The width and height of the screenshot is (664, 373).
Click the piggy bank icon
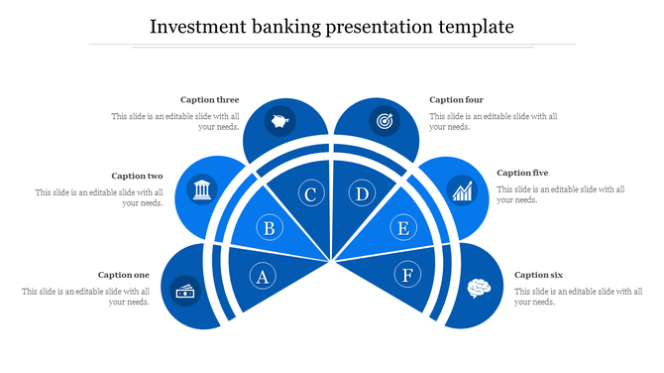[x=279, y=123]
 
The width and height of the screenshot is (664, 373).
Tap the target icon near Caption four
[x=384, y=122]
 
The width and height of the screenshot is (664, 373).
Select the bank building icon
[x=202, y=188]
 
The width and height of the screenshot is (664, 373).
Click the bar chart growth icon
[x=461, y=189]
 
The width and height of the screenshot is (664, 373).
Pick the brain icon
[x=479, y=288]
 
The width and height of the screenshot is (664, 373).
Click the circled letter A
[x=263, y=276]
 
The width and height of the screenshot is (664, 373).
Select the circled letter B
[x=269, y=229]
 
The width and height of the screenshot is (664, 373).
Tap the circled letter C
[x=310, y=194]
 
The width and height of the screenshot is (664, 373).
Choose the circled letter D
[x=363, y=194]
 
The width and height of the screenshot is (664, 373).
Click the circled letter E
[x=402, y=229]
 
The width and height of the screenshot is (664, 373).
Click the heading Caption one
[x=124, y=275]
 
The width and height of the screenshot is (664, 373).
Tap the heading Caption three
[x=209, y=99]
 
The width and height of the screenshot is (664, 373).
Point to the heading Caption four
[x=457, y=99]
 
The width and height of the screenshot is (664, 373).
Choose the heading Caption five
[x=522, y=173]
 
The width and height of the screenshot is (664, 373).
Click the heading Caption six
[x=539, y=275]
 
